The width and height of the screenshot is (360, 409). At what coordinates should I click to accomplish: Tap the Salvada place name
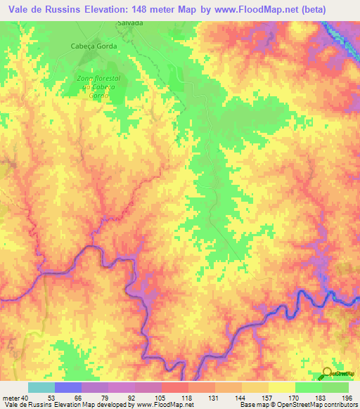click(130, 23)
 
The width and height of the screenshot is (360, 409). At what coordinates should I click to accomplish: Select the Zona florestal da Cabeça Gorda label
click(98, 86)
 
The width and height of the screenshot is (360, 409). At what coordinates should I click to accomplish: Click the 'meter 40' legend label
click(16, 398)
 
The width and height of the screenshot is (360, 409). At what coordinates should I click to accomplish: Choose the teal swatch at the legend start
click(41, 387)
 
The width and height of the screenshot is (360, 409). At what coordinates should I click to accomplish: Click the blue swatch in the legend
click(68, 387)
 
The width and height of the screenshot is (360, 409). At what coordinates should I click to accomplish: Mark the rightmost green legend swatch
click(335, 387)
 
